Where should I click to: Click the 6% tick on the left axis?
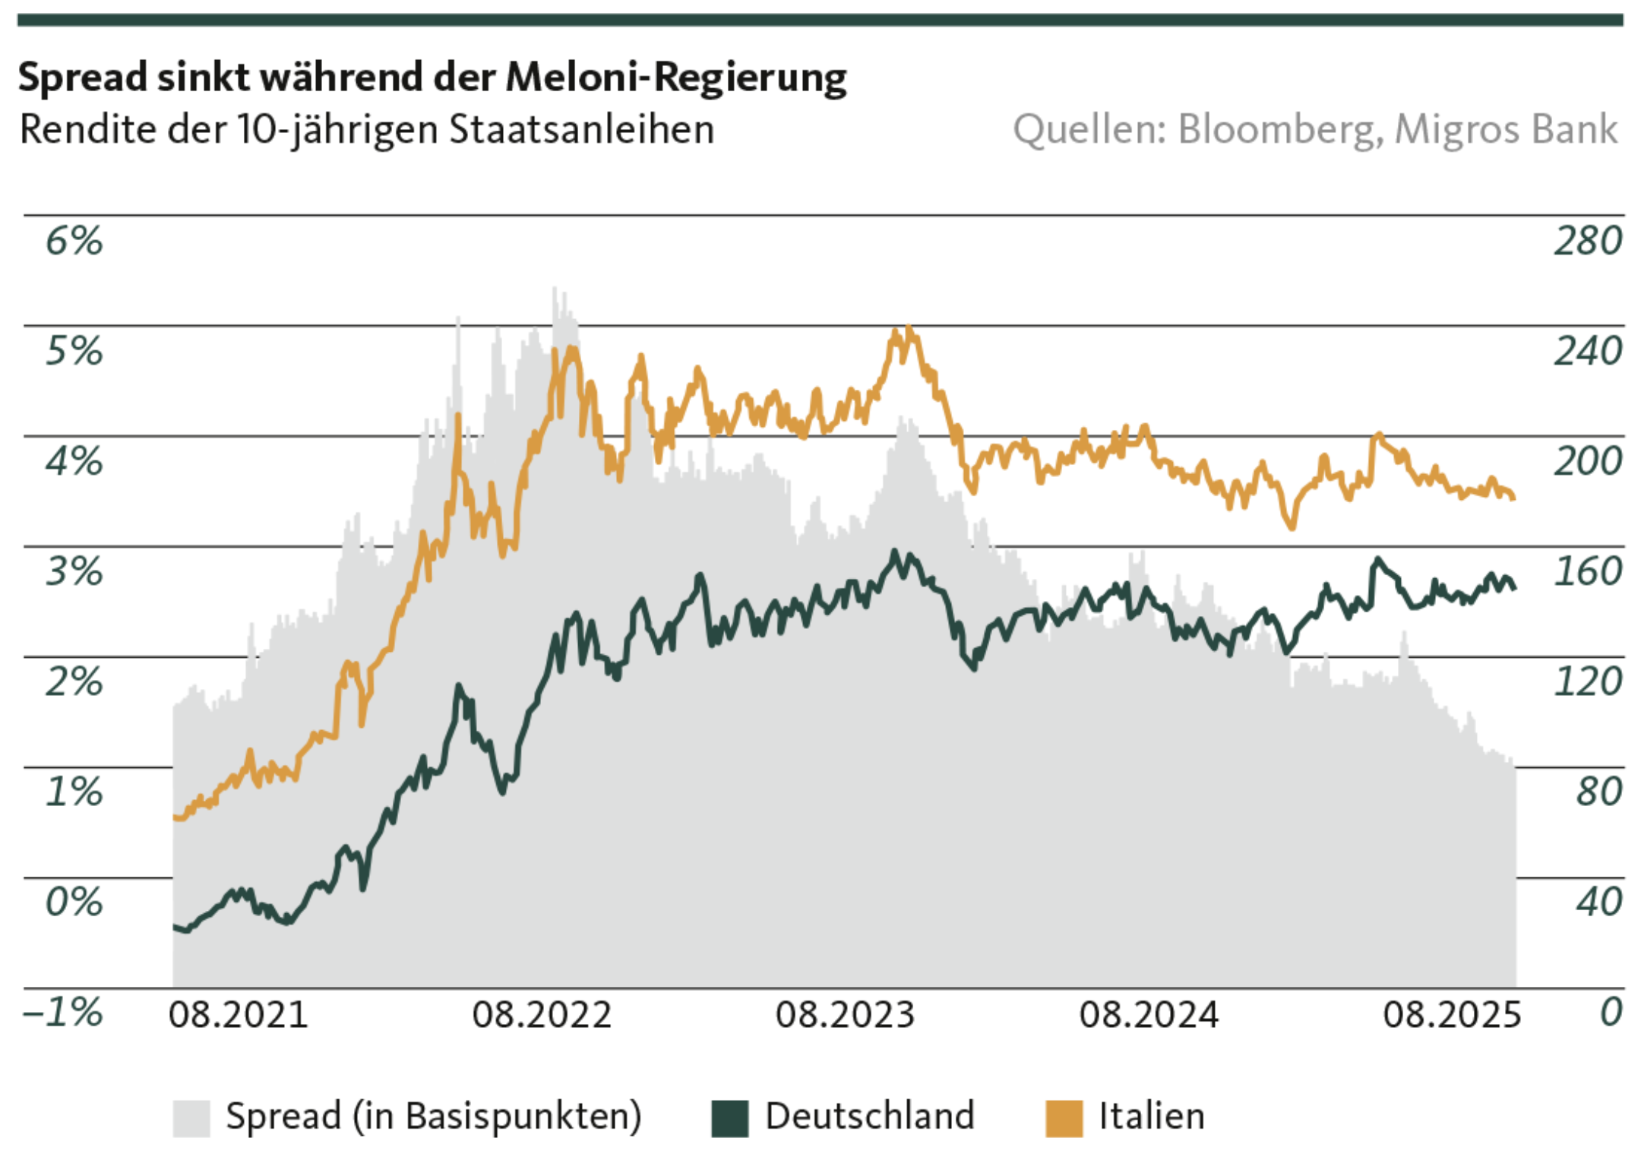click(74, 241)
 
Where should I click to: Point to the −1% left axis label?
click(63, 1013)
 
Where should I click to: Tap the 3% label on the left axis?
click(74, 571)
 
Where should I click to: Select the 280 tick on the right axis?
click(1587, 241)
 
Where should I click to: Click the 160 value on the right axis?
click(1587, 571)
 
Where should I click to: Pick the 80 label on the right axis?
click(1598, 792)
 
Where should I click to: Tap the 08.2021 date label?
click(238, 1015)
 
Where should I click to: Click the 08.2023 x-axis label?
click(845, 1015)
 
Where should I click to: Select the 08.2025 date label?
click(1452, 1015)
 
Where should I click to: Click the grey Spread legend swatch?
click(191, 1118)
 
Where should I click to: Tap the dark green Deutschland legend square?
click(729, 1118)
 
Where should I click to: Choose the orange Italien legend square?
click(1064, 1118)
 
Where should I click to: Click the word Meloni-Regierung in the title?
click(675, 77)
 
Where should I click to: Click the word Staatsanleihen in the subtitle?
click(581, 129)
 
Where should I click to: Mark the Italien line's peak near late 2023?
click(909, 328)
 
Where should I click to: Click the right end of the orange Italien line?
click(1513, 498)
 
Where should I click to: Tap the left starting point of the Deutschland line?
click(175, 926)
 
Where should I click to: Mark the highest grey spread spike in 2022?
click(555, 288)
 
